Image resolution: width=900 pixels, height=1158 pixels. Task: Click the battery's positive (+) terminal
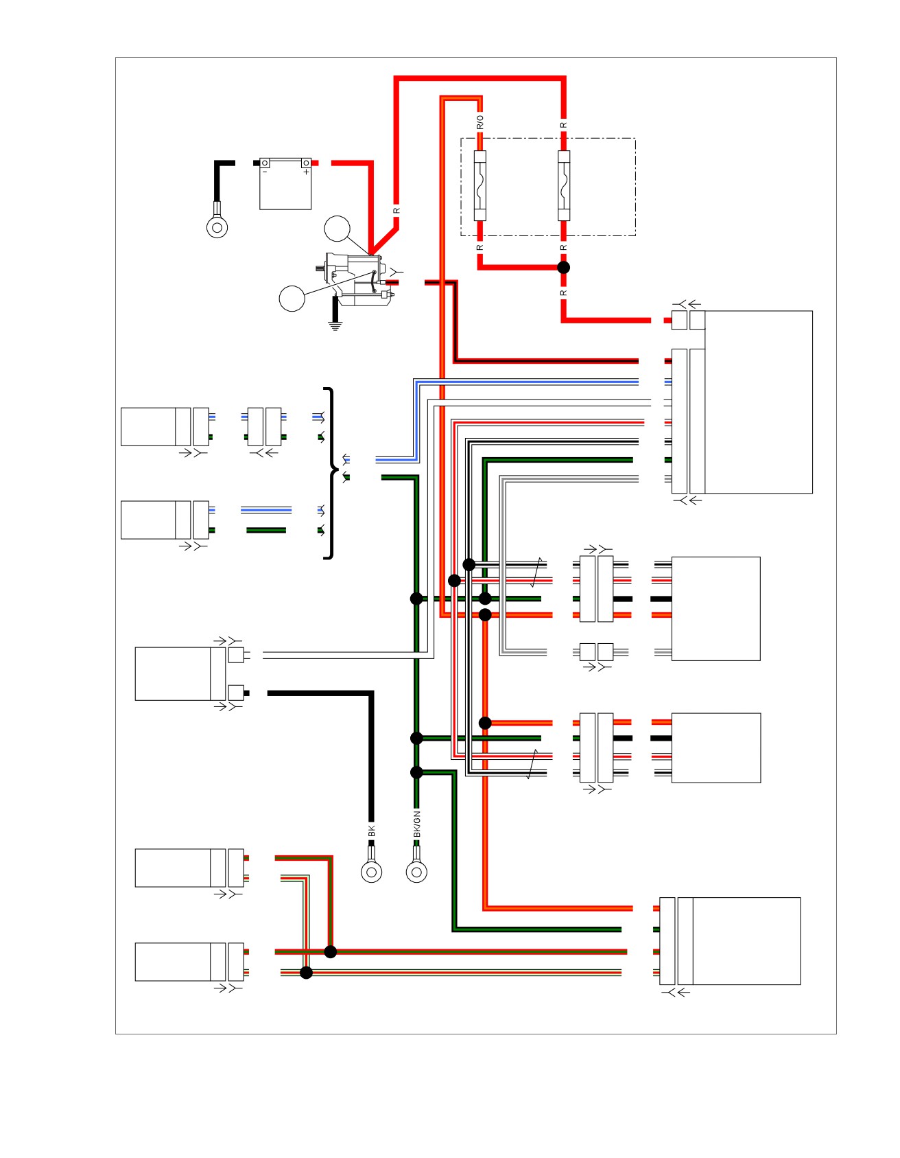coord(306,163)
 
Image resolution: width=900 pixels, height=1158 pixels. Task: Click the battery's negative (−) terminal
coord(265,163)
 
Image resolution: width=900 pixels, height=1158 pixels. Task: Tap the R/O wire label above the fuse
coord(480,122)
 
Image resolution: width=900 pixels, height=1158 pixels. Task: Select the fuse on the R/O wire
coord(480,185)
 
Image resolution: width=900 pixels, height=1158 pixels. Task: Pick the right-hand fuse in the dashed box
coord(564,185)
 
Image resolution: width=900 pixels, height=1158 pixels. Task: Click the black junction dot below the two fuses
coord(564,267)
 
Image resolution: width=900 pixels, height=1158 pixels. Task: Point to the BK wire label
coord(372,831)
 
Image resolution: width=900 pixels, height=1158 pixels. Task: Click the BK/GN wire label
coord(417,824)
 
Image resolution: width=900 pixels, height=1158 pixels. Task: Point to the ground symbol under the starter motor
coord(335,325)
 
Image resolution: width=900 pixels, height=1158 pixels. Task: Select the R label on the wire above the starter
coord(396,211)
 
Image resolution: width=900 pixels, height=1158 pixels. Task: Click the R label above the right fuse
coord(564,125)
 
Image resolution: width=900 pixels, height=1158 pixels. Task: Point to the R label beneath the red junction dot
coord(564,293)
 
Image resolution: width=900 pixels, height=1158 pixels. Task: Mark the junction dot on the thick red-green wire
coord(331,951)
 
